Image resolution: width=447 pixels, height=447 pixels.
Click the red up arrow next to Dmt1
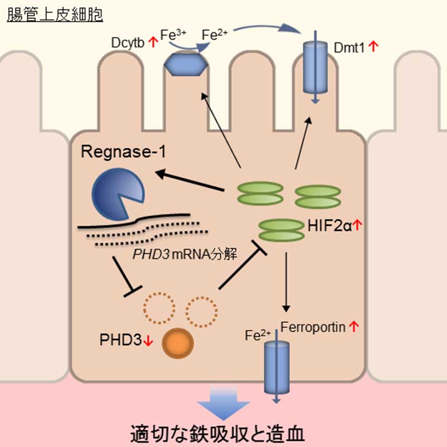(x=374, y=49)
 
